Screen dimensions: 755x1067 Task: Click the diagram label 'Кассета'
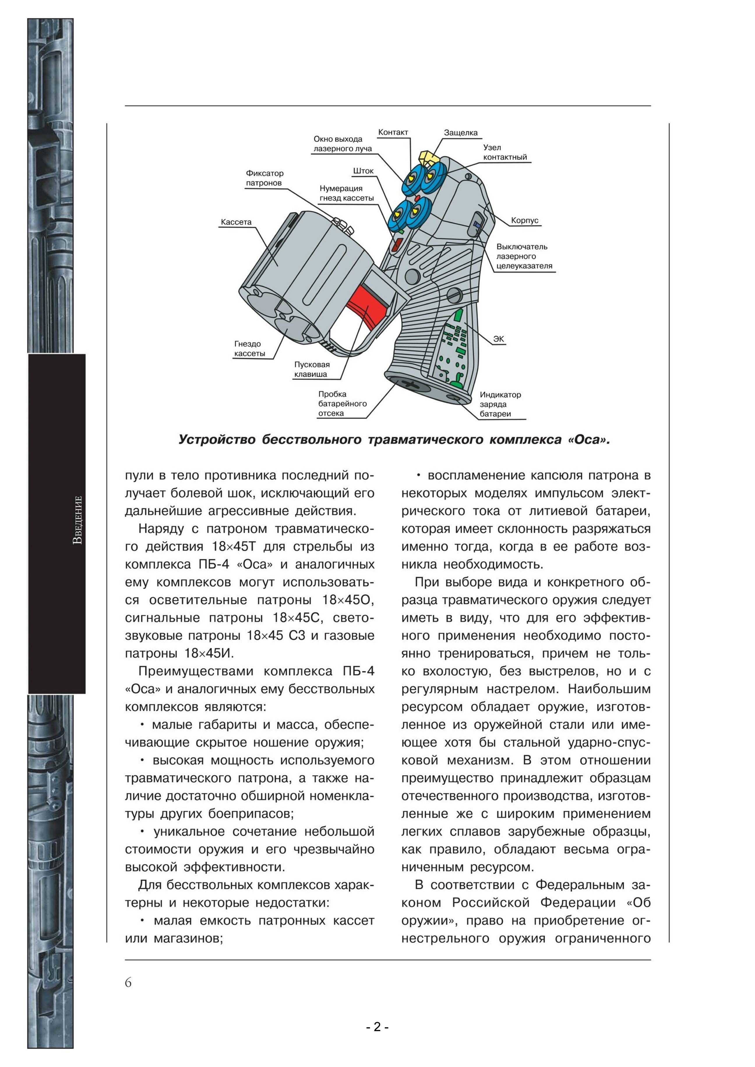pos(236,222)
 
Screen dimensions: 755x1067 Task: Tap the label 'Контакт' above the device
pos(393,132)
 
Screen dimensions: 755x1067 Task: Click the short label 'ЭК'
pos(498,339)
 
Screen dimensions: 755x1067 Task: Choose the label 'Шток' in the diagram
pos(363,171)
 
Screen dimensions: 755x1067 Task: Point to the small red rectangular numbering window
pos(398,245)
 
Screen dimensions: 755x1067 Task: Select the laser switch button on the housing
pos(477,225)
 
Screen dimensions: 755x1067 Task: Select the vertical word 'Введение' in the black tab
pos(78,520)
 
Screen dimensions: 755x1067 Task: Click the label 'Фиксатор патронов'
pos(264,178)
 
